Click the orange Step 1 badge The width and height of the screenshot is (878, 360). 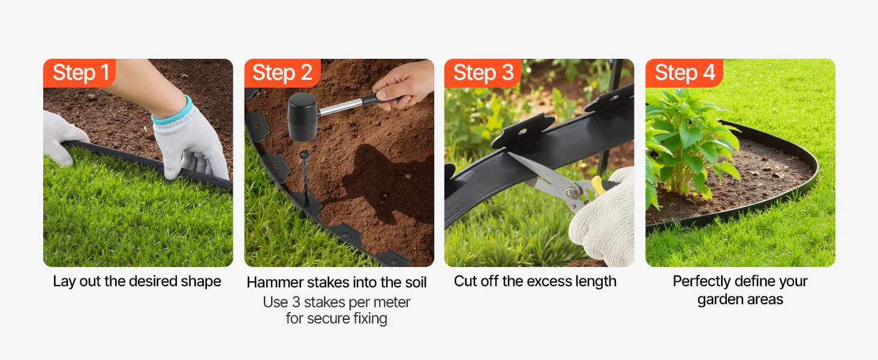(x=79, y=73)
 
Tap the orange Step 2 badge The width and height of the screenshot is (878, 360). (x=282, y=73)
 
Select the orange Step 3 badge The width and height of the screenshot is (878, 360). (x=483, y=73)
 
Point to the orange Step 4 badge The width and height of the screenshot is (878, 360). (x=684, y=73)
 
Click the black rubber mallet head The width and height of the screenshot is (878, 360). (x=302, y=117)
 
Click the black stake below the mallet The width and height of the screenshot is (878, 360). (x=305, y=179)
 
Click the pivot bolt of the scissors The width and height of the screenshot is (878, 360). (x=570, y=193)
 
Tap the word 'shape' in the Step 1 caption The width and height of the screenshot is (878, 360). (x=201, y=281)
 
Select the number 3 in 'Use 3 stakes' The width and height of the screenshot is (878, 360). (x=296, y=302)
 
